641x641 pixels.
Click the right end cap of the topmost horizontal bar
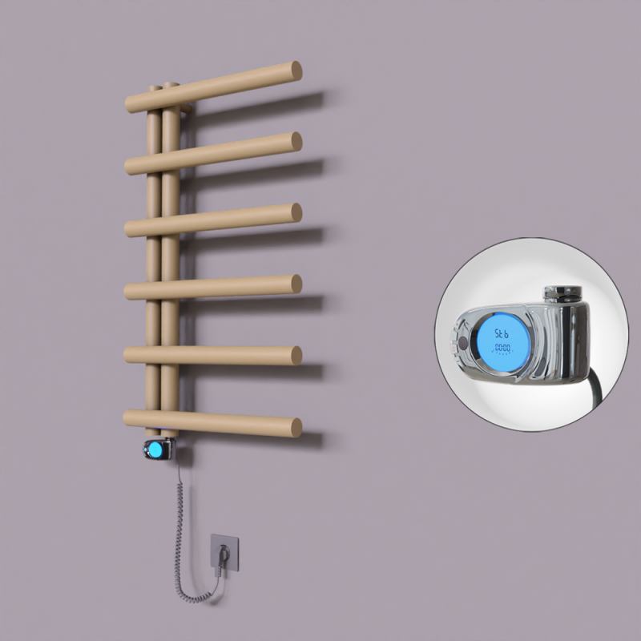point(296,71)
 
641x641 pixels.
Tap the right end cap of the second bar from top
point(296,141)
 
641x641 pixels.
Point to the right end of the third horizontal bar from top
point(296,212)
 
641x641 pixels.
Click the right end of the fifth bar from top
point(296,354)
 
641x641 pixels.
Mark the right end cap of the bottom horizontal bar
point(296,427)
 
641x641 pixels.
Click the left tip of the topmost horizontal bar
point(128,104)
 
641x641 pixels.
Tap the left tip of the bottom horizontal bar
point(127,417)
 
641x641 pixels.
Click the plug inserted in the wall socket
point(224,552)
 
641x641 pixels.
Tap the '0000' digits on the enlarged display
point(502,349)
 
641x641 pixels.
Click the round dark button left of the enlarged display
point(464,344)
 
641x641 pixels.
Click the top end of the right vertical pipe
point(171,86)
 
